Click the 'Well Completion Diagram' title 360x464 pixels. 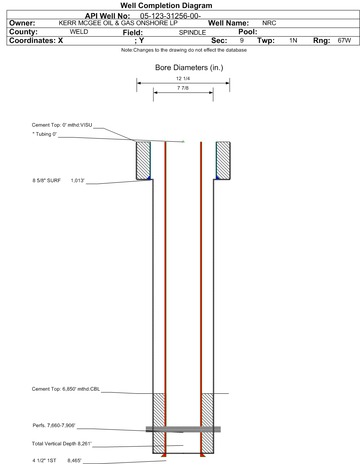[166, 6]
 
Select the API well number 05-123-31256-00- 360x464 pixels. [171, 16]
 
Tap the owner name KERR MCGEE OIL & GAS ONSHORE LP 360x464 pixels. [118, 23]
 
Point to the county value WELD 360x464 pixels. [79, 32]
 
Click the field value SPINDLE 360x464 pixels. [193, 32]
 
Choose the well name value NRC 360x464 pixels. [269, 23]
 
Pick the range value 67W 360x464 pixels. [344, 40]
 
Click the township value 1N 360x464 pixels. [293, 40]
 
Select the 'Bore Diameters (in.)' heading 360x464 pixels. [189, 68]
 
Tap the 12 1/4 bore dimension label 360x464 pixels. [183, 79]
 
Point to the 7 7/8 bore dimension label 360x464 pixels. [183, 88]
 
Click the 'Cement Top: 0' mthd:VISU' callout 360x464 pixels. [62, 125]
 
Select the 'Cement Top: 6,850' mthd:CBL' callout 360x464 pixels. [66, 389]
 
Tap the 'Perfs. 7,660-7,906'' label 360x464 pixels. [54, 425]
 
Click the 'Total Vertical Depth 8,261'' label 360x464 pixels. [62, 443]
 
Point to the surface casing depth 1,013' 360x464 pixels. [77, 181]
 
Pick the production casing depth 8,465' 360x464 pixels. [74, 460]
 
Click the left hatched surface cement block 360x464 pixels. [143, 160]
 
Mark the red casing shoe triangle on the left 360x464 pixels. [164, 455]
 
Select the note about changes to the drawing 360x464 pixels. [184, 50]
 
